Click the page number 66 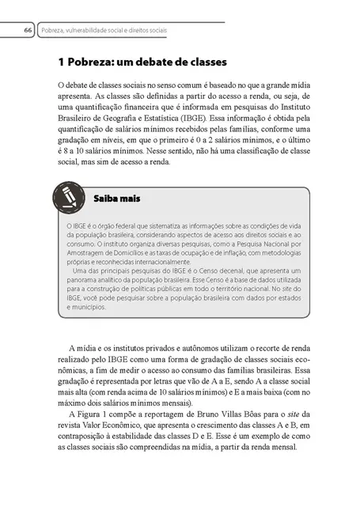click(27, 30)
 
